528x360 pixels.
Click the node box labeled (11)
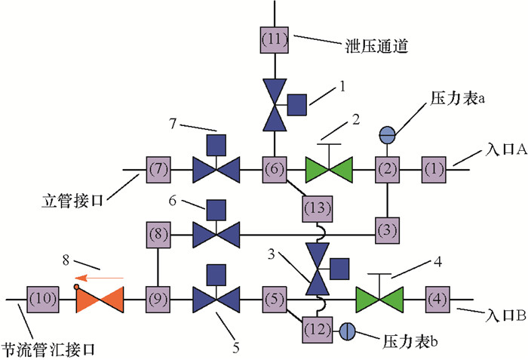pyautogui.click(x=275, y=38)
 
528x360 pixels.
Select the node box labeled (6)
pyautogui.click(x=275, y=168)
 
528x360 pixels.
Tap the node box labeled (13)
pyautogui.click(x=315, y=206)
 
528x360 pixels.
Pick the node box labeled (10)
pyautogui.click(x=39, y=298)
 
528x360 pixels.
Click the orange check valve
pyautogui.click(x=99, y=298)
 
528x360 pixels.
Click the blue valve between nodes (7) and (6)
pyautogui.click(x=216, y=168)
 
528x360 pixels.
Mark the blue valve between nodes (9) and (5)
pyautogui.click(x=216, y=298)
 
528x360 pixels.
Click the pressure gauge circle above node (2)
pyautogui.click(x=386, y=135)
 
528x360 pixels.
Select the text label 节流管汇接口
pyautogui.click(x=51, y=348)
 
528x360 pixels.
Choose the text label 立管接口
pyautogui.click(x=74, y=202)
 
